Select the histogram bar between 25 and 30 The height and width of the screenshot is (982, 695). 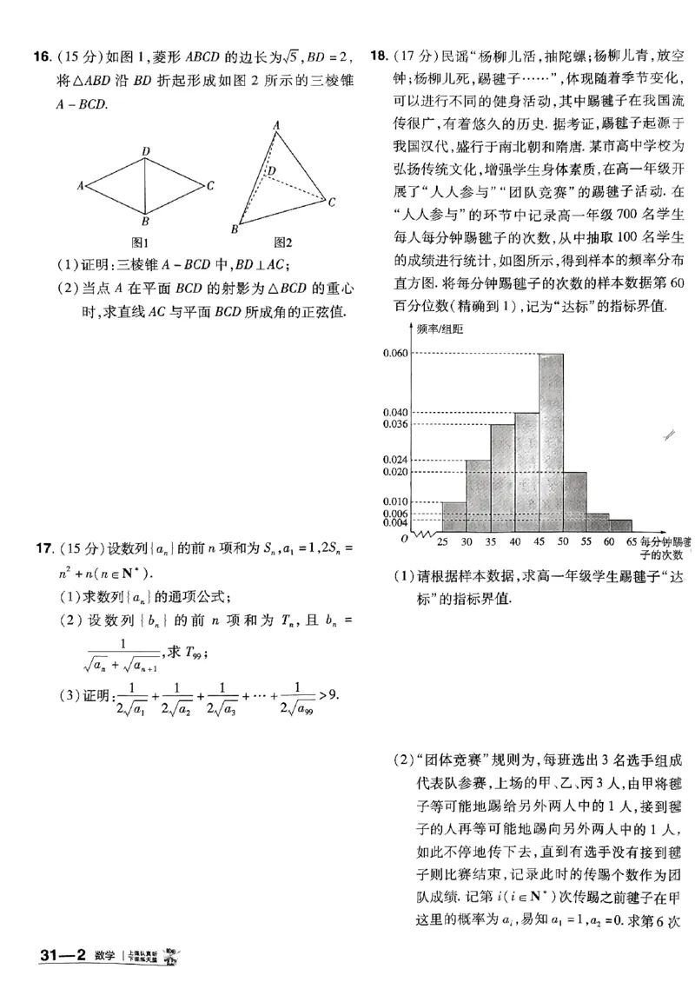click(453, 516)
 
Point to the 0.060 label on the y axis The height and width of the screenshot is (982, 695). click(394, 354)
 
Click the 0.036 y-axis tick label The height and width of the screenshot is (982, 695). click(394, 424)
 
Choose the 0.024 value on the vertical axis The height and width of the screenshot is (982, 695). click(394, 459)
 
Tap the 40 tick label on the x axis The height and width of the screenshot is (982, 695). click(514, 541)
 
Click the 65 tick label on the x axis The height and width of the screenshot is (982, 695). click(632, 541)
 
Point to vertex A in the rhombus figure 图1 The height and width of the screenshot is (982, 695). click(80, 185)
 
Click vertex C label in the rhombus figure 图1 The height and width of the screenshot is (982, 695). click(211, 185)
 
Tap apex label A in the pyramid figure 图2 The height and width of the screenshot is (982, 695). click(276, 125)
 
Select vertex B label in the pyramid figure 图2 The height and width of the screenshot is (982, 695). click(234, 229)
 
